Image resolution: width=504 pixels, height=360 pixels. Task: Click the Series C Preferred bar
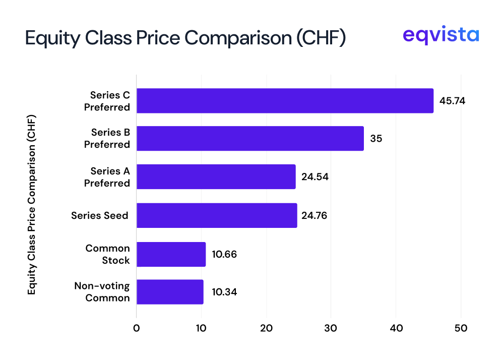point(285,101)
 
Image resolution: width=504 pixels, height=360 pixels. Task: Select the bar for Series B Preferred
point(250,139)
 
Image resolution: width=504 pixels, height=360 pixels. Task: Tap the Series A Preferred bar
point(216,176)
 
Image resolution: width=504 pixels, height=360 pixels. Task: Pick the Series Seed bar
point(217,216)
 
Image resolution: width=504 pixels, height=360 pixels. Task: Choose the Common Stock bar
point(171,254)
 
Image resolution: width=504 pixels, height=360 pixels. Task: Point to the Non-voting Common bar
point(170,292)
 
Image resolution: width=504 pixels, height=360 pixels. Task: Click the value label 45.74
point(452,101)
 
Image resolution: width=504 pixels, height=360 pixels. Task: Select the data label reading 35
point(376,139)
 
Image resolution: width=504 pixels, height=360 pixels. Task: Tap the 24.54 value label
point(315,177)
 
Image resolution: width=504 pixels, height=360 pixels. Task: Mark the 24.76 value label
point(315,216)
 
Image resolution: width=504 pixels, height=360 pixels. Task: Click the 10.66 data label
point(224,254)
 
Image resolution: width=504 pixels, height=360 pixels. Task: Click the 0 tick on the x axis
point(137,328)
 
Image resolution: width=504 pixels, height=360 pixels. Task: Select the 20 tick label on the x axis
point(266,328)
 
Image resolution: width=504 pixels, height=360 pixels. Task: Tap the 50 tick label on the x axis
point(461,328)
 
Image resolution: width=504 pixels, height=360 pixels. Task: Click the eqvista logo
point(440,36)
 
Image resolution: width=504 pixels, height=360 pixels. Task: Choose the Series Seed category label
point(100,216)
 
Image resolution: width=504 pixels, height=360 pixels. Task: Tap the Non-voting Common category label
point(102,292)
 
